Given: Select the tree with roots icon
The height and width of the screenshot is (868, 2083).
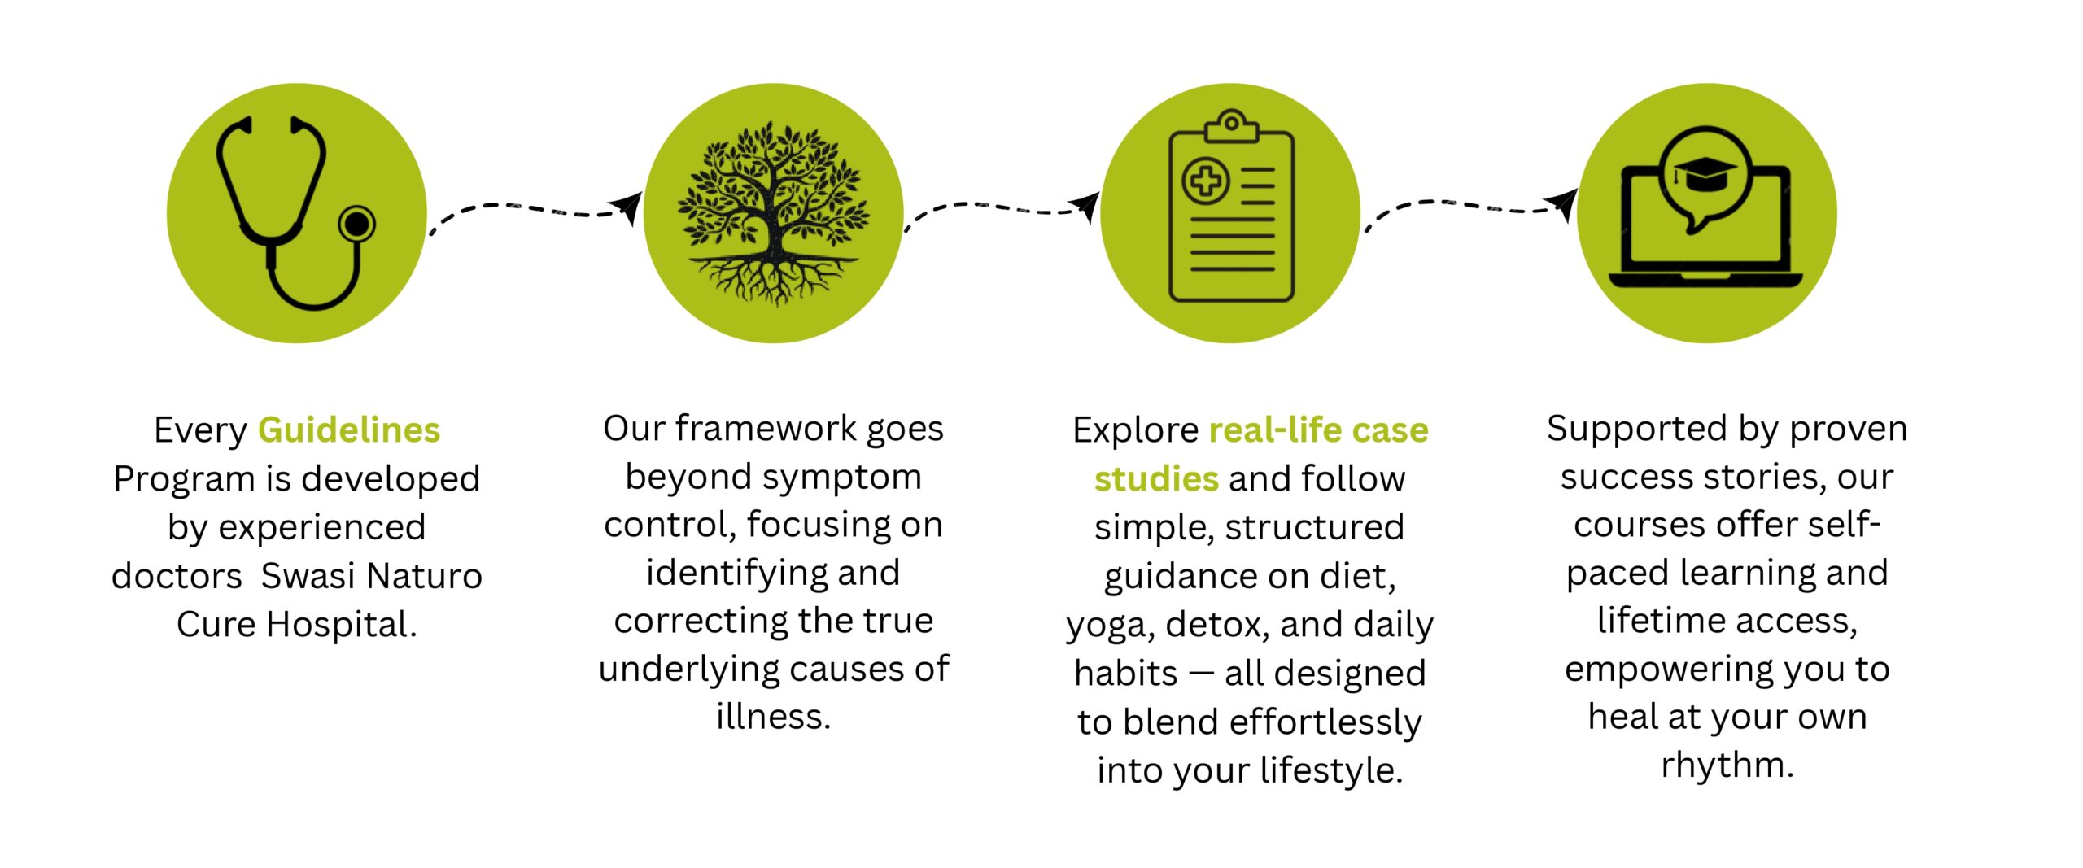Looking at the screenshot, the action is (773, 213).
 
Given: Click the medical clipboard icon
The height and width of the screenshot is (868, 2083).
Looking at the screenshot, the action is (1230, 207).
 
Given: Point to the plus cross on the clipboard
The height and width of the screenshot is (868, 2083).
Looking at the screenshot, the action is (1205, 181).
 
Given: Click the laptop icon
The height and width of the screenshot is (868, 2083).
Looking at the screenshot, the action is (1705, 207).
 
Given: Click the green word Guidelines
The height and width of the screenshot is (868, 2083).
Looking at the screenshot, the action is (349, 430).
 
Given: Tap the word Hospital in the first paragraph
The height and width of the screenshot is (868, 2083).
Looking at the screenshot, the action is (342, 625).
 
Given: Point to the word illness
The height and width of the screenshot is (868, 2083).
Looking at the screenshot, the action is (773, 717).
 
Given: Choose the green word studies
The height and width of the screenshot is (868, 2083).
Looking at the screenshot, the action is (1156, 479).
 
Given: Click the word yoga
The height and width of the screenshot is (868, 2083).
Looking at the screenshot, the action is (1111, 626).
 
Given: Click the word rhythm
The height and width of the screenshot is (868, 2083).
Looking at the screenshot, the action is (1727, 765).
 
